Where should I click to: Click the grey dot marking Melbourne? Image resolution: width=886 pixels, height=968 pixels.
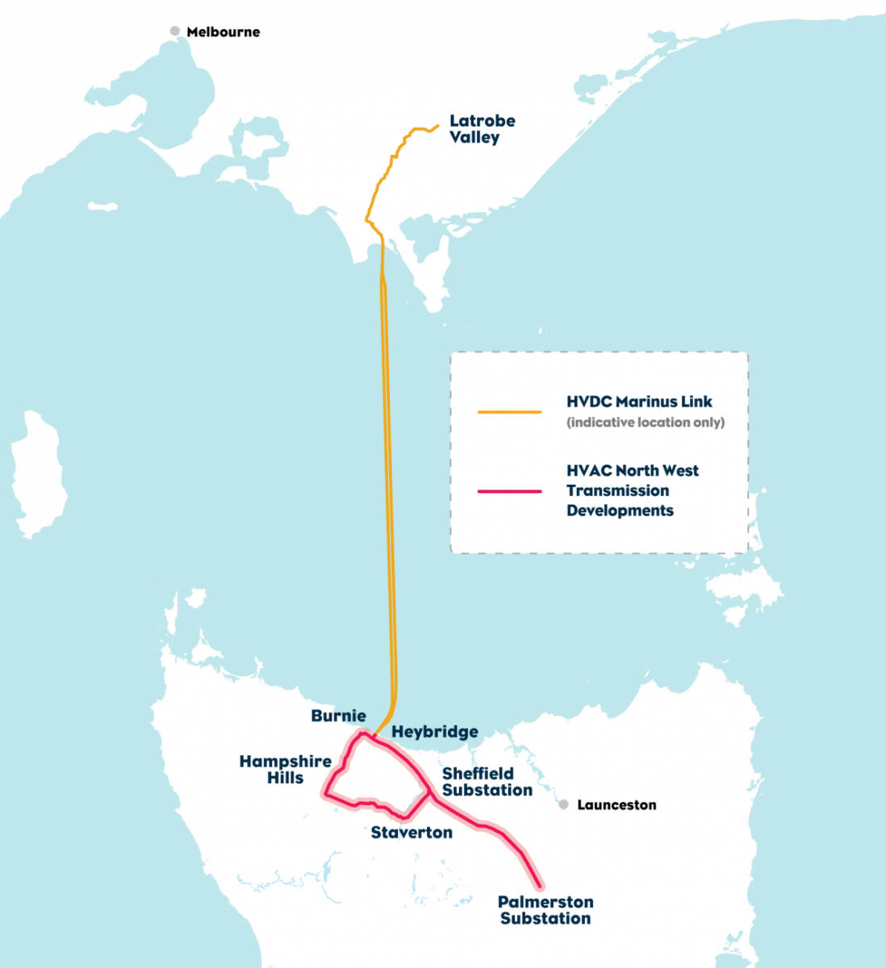[x=174, y=31]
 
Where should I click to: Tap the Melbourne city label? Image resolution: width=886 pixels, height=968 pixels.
[x=224, y=32]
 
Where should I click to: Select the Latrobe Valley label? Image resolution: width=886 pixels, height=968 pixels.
[x=482, y=129]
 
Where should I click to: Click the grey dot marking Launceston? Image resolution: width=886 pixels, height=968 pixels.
[x=563, y=805]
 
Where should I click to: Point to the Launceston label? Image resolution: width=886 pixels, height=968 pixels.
[x=616, y=805]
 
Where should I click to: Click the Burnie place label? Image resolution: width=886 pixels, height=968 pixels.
[x=338, y=716]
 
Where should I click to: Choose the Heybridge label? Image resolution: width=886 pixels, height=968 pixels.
[x=435, y=732]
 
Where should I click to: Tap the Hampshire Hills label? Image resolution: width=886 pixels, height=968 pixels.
[x=286, y=770]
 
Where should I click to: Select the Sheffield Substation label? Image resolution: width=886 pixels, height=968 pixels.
[x=487, y=782]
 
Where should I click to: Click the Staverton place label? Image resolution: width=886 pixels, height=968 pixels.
[x=412, y=832]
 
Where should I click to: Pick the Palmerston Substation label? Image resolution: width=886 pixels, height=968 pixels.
[x=545, y=910]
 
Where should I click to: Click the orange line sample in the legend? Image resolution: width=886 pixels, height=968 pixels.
[x=509, y=411]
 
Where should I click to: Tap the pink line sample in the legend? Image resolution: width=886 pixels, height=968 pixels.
[x=509, y=490]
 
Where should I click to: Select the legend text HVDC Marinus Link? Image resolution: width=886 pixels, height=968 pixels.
[x=639, y=402]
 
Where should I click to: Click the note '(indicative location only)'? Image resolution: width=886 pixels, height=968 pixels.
[x=646, y=423]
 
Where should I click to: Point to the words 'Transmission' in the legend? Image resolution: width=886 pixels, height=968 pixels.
[x=617, y=490]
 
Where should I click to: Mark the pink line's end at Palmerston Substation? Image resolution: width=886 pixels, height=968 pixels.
[x=539, y=886]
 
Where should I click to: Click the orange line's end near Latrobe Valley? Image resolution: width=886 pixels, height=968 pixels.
[x=437, y=125]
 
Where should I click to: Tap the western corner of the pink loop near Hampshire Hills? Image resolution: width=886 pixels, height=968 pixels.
[x=327, y=795]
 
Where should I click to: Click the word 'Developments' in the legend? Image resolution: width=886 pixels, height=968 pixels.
[x=620, y=511]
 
